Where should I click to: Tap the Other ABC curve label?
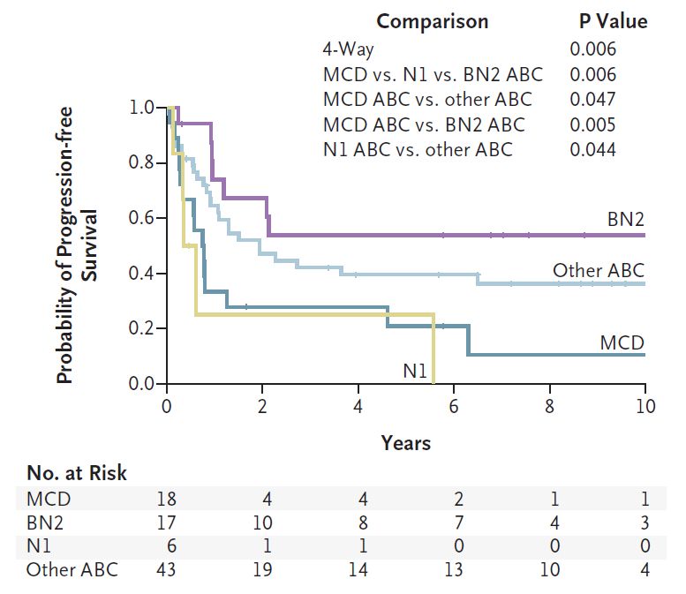click(599, 270)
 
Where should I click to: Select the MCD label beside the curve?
click(622, 342)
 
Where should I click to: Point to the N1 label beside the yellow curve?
click(416, 372)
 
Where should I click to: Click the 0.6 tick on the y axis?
click(144, 218)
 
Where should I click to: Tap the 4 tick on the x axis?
click(358, 408)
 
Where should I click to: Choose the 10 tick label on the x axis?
click(645, 408)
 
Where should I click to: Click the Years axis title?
click(406, 442)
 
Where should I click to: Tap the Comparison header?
click(431, 21)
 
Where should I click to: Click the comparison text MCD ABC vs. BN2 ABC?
click(424, 124)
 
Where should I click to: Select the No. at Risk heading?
click(77, 473)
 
